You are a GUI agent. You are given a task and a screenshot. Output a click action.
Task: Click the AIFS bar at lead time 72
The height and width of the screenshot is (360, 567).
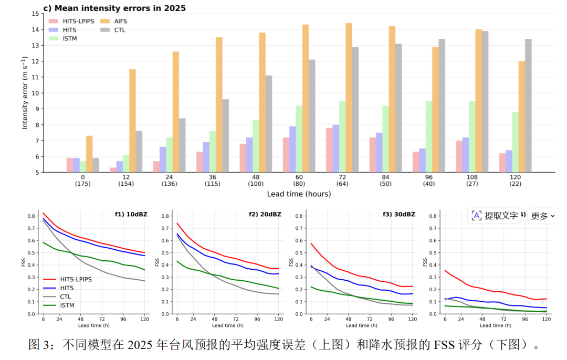(x=349, y=98)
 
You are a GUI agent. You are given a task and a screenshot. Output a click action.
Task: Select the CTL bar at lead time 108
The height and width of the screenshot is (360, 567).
(x=485, y=101)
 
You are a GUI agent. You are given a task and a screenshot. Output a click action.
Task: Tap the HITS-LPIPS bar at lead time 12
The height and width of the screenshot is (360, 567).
(x=113, y=170)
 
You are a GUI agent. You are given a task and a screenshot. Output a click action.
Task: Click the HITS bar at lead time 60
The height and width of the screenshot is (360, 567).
(x=292, y=149)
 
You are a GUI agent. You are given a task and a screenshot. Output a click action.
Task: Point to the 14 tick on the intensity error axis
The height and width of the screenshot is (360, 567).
(x=35, y=29)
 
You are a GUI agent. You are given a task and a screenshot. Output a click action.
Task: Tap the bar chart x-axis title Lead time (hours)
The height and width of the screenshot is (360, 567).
(x=299, y=194)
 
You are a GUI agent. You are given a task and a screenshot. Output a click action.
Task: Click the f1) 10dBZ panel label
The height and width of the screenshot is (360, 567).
(x=131, y=214)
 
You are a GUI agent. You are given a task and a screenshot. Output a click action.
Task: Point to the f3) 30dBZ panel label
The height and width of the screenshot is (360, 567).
(x=399, y=214)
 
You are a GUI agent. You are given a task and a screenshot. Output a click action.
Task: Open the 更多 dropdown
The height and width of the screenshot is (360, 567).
(x=543, y=216)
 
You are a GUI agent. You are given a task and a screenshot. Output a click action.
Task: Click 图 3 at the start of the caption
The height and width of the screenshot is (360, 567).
(x=40, y=345)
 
